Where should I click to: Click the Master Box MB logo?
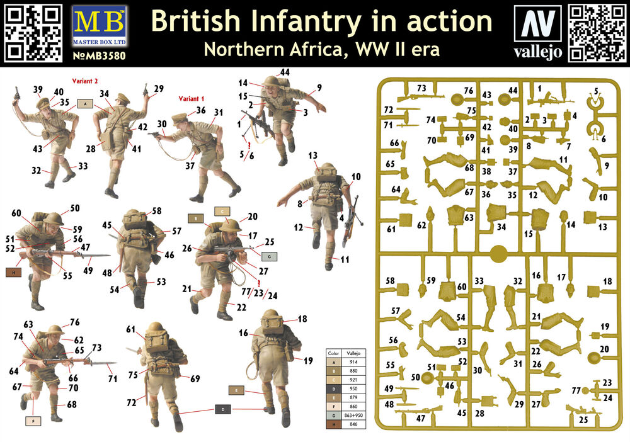pos(100,26)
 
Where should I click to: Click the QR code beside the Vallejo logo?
pos(597,33)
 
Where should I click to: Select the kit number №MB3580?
pos(100,55)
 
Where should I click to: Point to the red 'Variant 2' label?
pos(85,81)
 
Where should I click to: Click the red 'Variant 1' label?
pos(192,99)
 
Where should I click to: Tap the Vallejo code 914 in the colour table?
pos(353,362)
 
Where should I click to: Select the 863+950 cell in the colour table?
pos(353,415)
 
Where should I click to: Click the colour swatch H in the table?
pos(334,424)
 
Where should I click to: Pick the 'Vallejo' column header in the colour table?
pos(353,353)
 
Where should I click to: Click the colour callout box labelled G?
pos(269,256)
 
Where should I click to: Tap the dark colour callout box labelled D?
pos(223,409)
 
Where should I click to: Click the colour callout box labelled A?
pos(85,104)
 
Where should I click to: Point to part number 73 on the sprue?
pos(421,88)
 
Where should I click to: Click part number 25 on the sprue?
pos(583,420)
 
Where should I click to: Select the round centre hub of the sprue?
pos(498,254)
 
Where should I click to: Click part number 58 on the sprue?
pos(390,281)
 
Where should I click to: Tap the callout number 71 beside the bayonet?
pos(113,378)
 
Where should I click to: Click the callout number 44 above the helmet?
pos(285,72)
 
